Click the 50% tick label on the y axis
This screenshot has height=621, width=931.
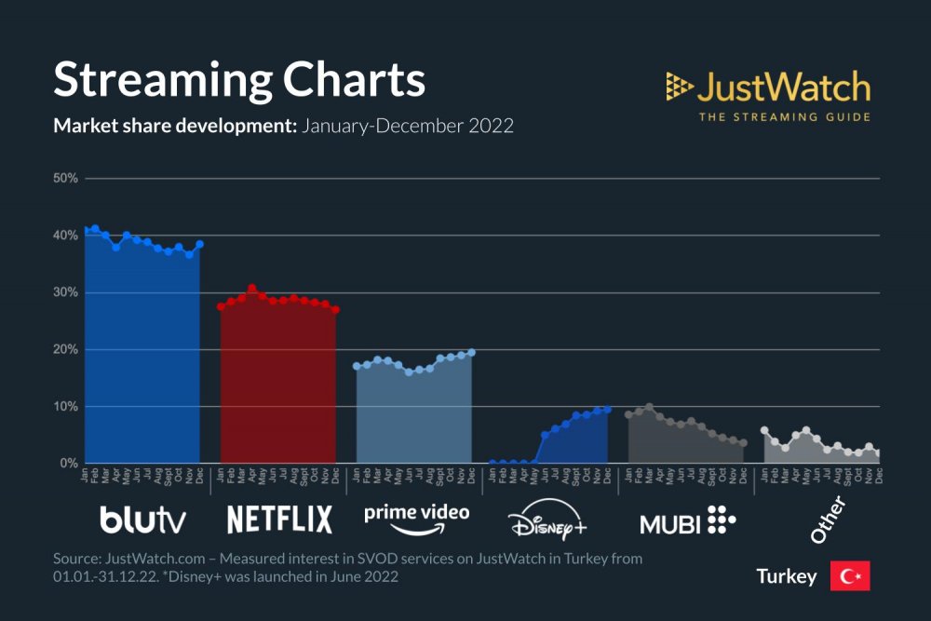pyautogui.click(x=65, y=178)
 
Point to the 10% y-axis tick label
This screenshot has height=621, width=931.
pyautogui.click(x=65, y=407)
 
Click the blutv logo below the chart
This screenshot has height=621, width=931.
pyautogui.click(x=142, y=520)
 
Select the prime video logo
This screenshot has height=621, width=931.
pyautogui.click(x=416, y=519)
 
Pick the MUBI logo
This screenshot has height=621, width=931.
pyautogui.click(x=687, y=520)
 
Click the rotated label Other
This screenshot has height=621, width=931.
pyautogui.click(x=827, y=520)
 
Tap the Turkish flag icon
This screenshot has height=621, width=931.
pyautogui.click(x=849, y=576)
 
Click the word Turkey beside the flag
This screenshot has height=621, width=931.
pyautogui.click(x=787, y=577)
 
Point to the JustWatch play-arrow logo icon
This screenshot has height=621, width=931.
pyautogui.click(x=679, y=88)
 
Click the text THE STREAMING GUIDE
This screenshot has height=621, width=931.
pyautogui.click(x=784, y=117)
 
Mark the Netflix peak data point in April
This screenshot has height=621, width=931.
pyautogui.click(x=251, y=289)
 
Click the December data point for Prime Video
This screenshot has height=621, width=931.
pyautogui.click(x=471, y=352)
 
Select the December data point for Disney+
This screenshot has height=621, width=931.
pyautogui.click(x=607, y=409)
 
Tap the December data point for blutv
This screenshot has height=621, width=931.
pyautogui.click(x=199, y=244)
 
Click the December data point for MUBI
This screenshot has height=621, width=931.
pyautogui.click(x=743, y=443)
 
